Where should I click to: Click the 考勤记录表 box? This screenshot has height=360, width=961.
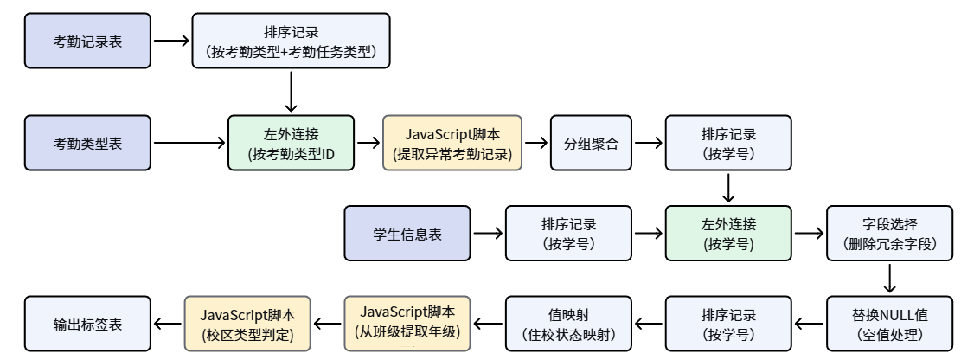pos(87,41)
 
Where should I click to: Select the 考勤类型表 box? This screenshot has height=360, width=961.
pos(87,143)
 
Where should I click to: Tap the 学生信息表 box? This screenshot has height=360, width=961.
pos(407,234)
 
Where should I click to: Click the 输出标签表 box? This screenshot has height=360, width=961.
pos(87,324)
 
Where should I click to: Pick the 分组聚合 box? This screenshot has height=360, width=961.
pos(591,143)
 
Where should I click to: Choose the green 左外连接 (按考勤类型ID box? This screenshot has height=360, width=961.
pos(292,143)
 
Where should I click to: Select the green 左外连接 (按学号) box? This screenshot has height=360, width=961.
pos(728,234)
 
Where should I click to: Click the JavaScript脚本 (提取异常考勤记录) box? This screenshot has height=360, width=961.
pos(452,143)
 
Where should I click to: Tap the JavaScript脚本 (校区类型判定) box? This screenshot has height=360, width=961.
pos(247,324)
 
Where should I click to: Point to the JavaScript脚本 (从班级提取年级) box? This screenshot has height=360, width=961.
pos(407,324)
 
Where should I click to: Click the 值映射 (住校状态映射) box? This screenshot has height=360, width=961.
pos(568,324)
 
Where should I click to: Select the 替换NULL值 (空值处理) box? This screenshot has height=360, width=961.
pos(889,324)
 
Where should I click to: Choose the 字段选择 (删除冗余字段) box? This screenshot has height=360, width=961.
pos(889,234)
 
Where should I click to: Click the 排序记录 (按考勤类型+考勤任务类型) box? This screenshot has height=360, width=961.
pos(292,41)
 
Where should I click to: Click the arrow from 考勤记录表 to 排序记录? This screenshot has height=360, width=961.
pos(171,41)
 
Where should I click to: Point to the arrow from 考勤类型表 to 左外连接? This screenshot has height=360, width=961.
pos(190,143)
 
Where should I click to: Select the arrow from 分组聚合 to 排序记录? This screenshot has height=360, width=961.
pos(649,143)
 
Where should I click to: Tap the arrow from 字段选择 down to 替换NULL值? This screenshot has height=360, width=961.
pos(889,279)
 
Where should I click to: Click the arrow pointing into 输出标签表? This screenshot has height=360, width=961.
pos(167,324)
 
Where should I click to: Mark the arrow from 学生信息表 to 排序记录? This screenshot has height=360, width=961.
pos(489,234)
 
